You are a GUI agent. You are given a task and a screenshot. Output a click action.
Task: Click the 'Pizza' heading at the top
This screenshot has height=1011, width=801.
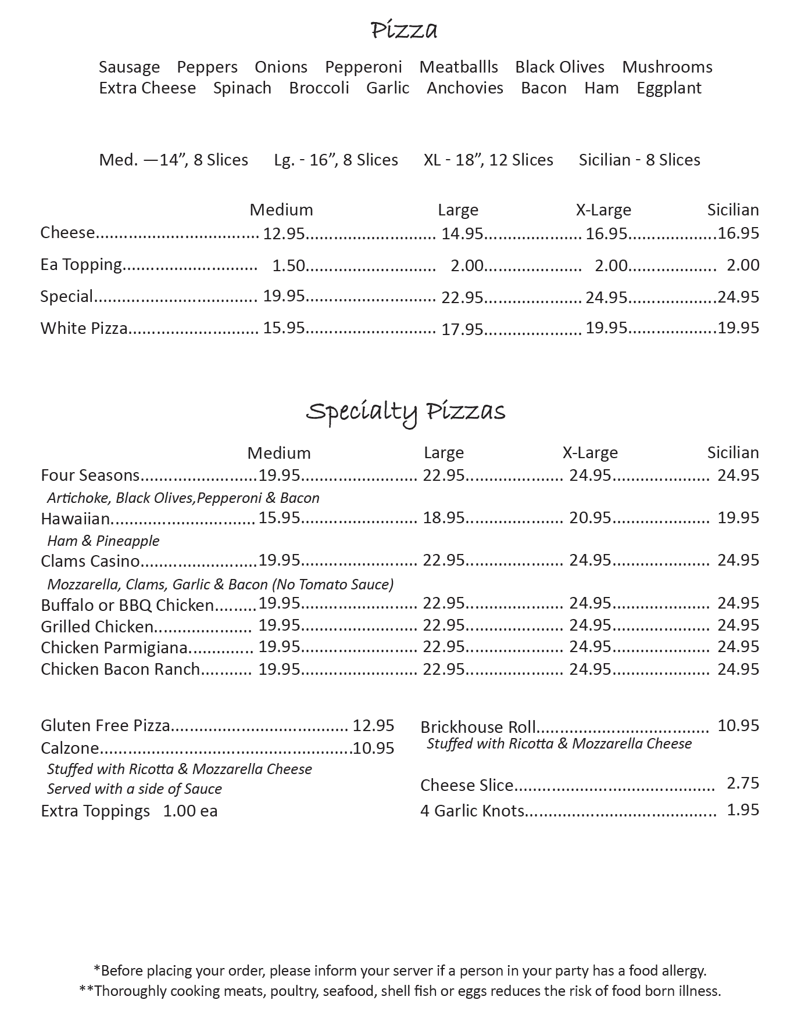point(404,30)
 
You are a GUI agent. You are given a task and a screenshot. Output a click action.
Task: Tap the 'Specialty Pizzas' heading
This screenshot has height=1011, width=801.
point(405,412)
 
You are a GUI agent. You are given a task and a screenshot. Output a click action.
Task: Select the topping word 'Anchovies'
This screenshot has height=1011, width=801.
point(465,88)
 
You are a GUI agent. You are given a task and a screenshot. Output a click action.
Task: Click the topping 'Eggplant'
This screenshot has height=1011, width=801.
point(668,88)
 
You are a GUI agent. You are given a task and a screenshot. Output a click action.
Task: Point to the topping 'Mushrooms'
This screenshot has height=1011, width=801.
point(667,67)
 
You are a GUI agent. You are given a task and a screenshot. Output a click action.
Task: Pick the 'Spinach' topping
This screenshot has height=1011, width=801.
point(242,88)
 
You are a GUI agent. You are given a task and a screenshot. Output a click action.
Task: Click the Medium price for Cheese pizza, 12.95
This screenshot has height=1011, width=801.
point(284,233)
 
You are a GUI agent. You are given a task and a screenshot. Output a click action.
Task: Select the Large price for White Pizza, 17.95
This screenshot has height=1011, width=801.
point(462,329)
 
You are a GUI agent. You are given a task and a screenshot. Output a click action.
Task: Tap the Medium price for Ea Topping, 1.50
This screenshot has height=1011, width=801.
point(288,265)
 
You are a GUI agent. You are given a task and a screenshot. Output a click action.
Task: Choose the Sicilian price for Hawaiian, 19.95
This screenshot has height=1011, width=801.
point(738,517)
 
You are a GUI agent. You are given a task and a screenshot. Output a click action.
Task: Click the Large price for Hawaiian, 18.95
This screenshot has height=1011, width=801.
point(444,517)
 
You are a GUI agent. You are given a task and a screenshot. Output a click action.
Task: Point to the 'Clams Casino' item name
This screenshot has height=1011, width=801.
point(90,561)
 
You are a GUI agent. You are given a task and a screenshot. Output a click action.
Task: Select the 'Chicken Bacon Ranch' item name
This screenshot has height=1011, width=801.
point(120,669)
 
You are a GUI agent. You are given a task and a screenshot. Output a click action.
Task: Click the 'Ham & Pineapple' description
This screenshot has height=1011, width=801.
point(103,541)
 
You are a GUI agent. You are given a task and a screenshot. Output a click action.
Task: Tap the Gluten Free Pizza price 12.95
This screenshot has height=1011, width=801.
point(373,725)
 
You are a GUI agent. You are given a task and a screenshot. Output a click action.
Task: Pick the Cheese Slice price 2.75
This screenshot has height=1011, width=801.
point(743,783)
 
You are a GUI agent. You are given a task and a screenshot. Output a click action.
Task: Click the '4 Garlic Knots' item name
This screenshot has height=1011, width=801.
point(472,811)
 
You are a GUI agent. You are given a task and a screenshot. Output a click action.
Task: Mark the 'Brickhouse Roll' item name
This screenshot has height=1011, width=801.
point(478,727)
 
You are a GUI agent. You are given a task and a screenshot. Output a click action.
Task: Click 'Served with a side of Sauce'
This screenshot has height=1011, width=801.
point(134,789)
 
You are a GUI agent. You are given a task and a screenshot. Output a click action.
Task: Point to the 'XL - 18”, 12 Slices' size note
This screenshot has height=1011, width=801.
point(488,160)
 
